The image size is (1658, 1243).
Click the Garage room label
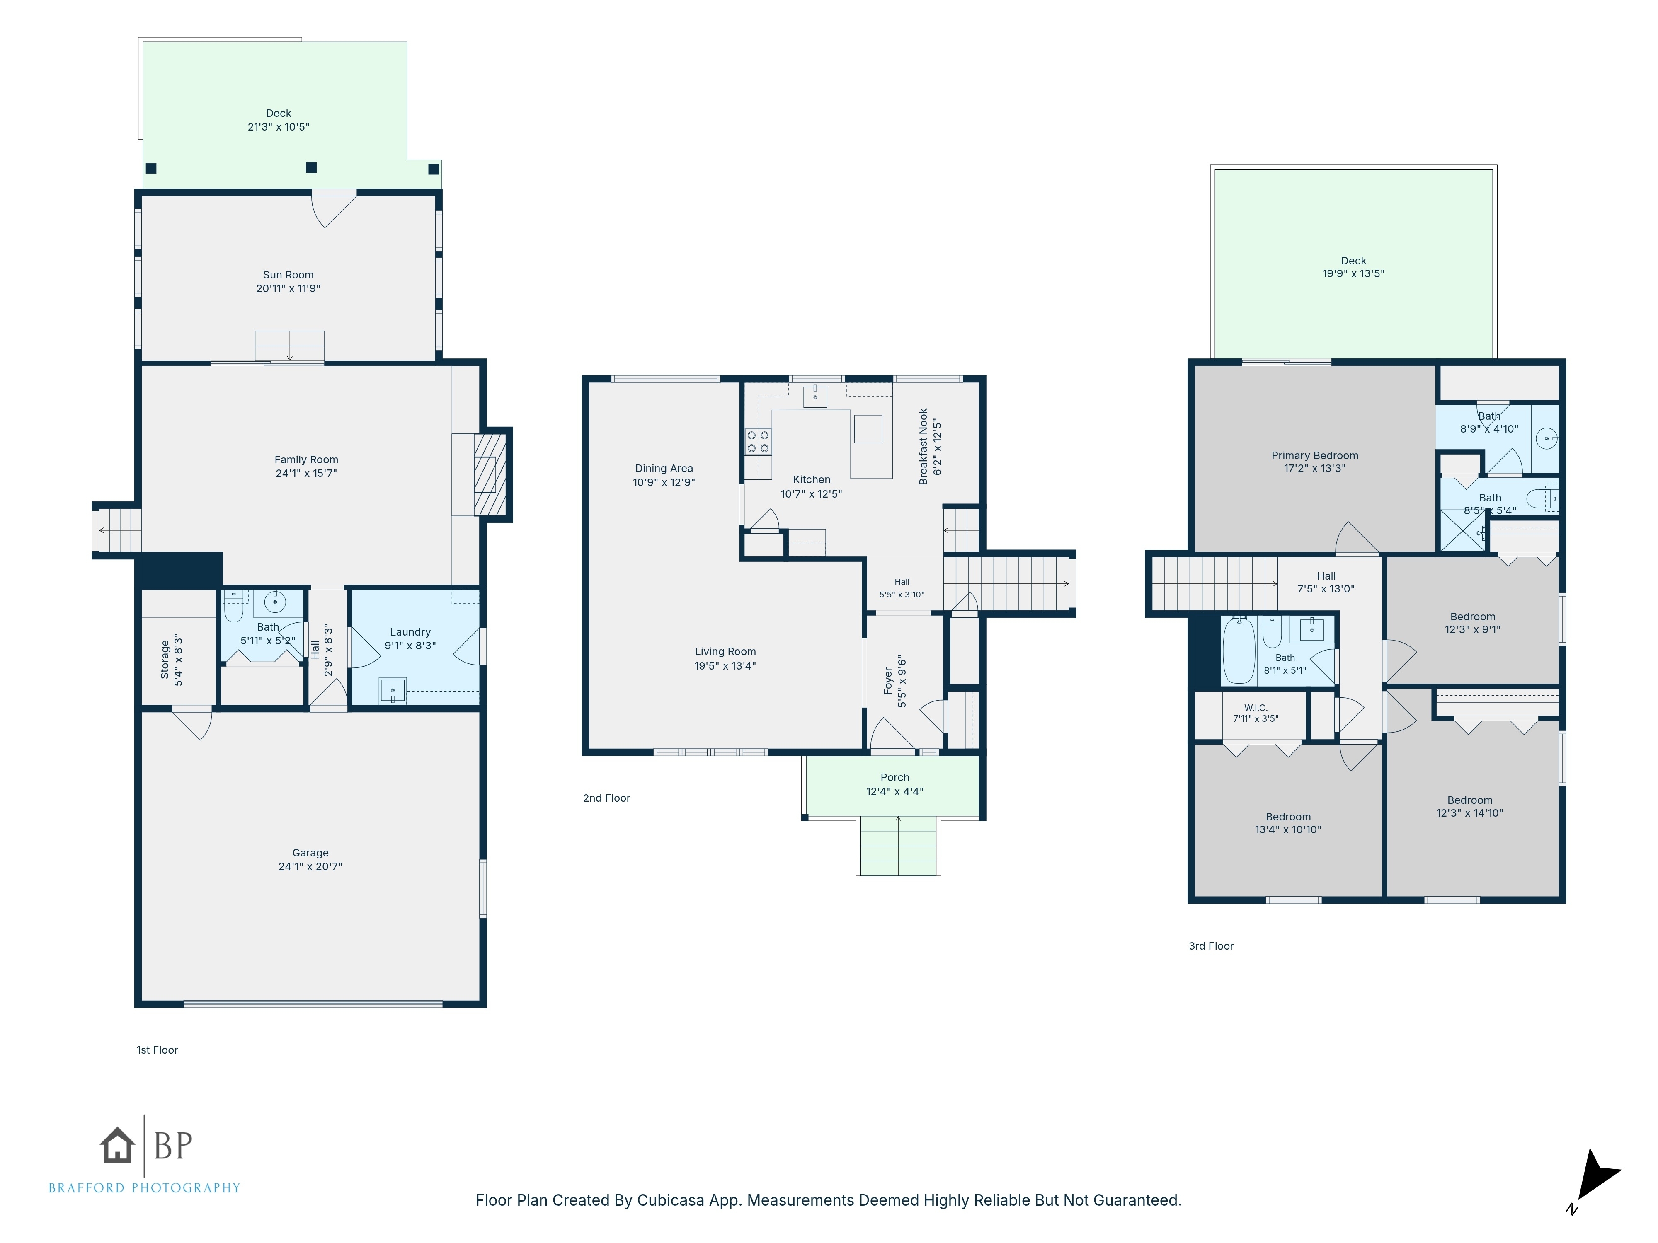click(310, 853)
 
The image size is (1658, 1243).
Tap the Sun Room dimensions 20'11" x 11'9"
click(288, 288)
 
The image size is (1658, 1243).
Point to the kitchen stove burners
click(758, 441)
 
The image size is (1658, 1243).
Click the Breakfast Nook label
click(924, 447)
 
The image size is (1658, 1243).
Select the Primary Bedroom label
click(1315, 455)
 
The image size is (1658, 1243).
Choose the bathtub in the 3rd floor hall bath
click(1239, 651)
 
